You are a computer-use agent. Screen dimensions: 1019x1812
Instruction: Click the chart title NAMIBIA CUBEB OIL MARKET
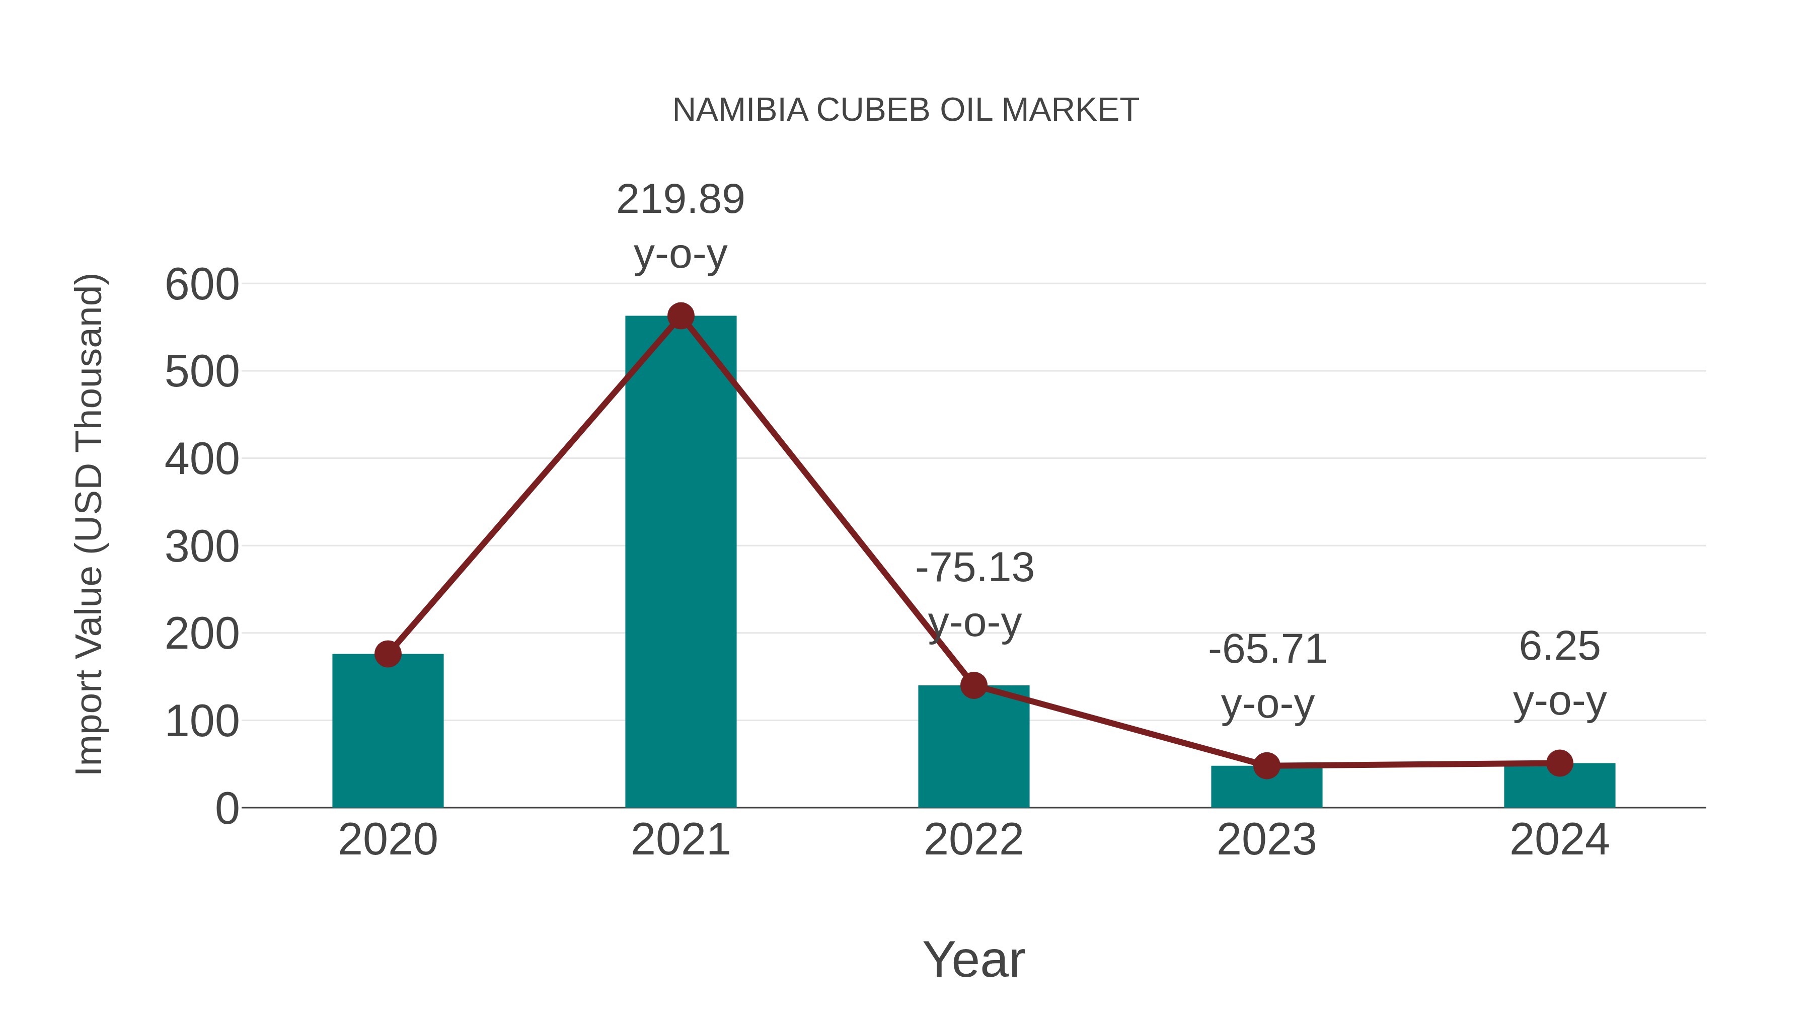point(905,110)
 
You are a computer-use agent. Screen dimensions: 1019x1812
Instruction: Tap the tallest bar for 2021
point(680,563)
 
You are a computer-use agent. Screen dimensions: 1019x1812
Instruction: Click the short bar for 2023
point(1266,788)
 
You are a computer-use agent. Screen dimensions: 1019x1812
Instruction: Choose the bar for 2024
point(1559,786)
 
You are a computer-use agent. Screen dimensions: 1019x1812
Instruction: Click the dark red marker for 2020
point(388,654)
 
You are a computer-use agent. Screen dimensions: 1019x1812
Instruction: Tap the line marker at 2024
point(1559,762)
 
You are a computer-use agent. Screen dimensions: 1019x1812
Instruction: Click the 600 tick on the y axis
point(202,285)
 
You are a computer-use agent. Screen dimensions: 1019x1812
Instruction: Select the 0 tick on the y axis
point(226,809)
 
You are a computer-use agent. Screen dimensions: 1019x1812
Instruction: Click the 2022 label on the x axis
point(973,840)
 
